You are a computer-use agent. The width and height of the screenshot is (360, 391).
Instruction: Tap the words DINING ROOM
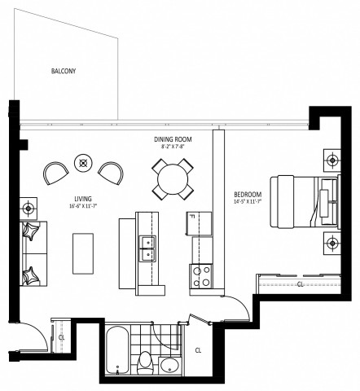[x=173, y=139]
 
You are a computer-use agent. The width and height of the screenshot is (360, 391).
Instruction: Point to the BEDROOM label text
[x=247, y=195]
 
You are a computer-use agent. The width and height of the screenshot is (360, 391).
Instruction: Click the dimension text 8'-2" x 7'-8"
[x=173, y=147]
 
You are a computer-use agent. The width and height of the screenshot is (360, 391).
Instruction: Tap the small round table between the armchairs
[x=82, y=162]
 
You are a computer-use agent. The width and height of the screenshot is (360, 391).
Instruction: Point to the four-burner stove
[x=200, y=277]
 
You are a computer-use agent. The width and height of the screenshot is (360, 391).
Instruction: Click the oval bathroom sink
[x=169, y=363]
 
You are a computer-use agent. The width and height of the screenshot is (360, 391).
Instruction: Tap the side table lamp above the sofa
[x=29, y=207]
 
